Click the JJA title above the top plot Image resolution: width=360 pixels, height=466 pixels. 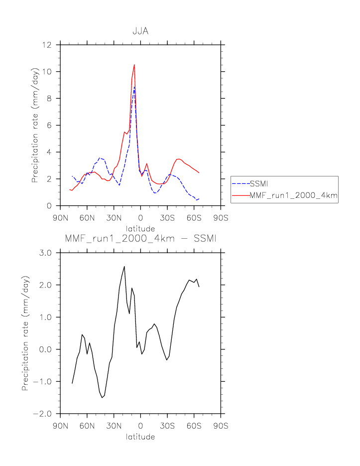pos(140,31)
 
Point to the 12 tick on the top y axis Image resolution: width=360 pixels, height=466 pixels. pos(48,45)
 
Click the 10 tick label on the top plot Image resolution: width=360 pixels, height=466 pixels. pos(48,72)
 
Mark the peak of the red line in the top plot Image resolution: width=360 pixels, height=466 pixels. pos(134,65)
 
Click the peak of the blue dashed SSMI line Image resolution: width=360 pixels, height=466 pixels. pos(134,87)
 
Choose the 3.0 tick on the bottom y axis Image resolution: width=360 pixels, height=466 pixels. pos(46,253)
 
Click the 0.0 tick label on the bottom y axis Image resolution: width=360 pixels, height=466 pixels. pos(46,349)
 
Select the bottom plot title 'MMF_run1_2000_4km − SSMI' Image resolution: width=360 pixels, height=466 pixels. pos(140,239)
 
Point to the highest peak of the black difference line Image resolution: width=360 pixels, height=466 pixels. pos(124,267)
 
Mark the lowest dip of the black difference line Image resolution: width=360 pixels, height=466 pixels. pos(102,397)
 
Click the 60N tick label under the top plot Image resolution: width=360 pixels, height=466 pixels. pos(87,217)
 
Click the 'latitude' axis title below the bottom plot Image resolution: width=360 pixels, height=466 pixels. pos(140,437)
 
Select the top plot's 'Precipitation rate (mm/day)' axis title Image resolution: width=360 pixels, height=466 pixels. pos(35,125)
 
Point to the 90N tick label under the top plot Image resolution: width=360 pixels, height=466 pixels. pos(60,217)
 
